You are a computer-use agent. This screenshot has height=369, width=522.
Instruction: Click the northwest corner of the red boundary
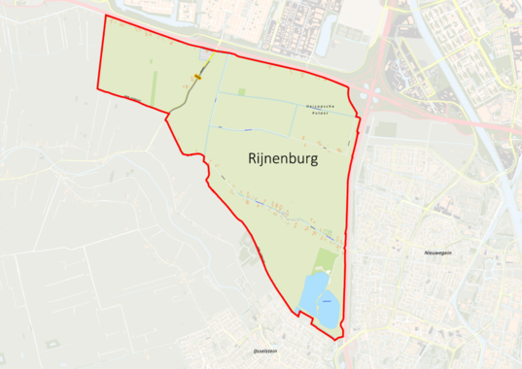(x=105, y=17)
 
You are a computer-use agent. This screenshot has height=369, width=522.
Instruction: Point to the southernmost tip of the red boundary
(x=338, y=340)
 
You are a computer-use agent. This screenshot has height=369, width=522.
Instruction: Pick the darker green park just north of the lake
(x=326, y=260)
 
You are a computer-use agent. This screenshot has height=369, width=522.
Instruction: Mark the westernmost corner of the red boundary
(x=98, y=88)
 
